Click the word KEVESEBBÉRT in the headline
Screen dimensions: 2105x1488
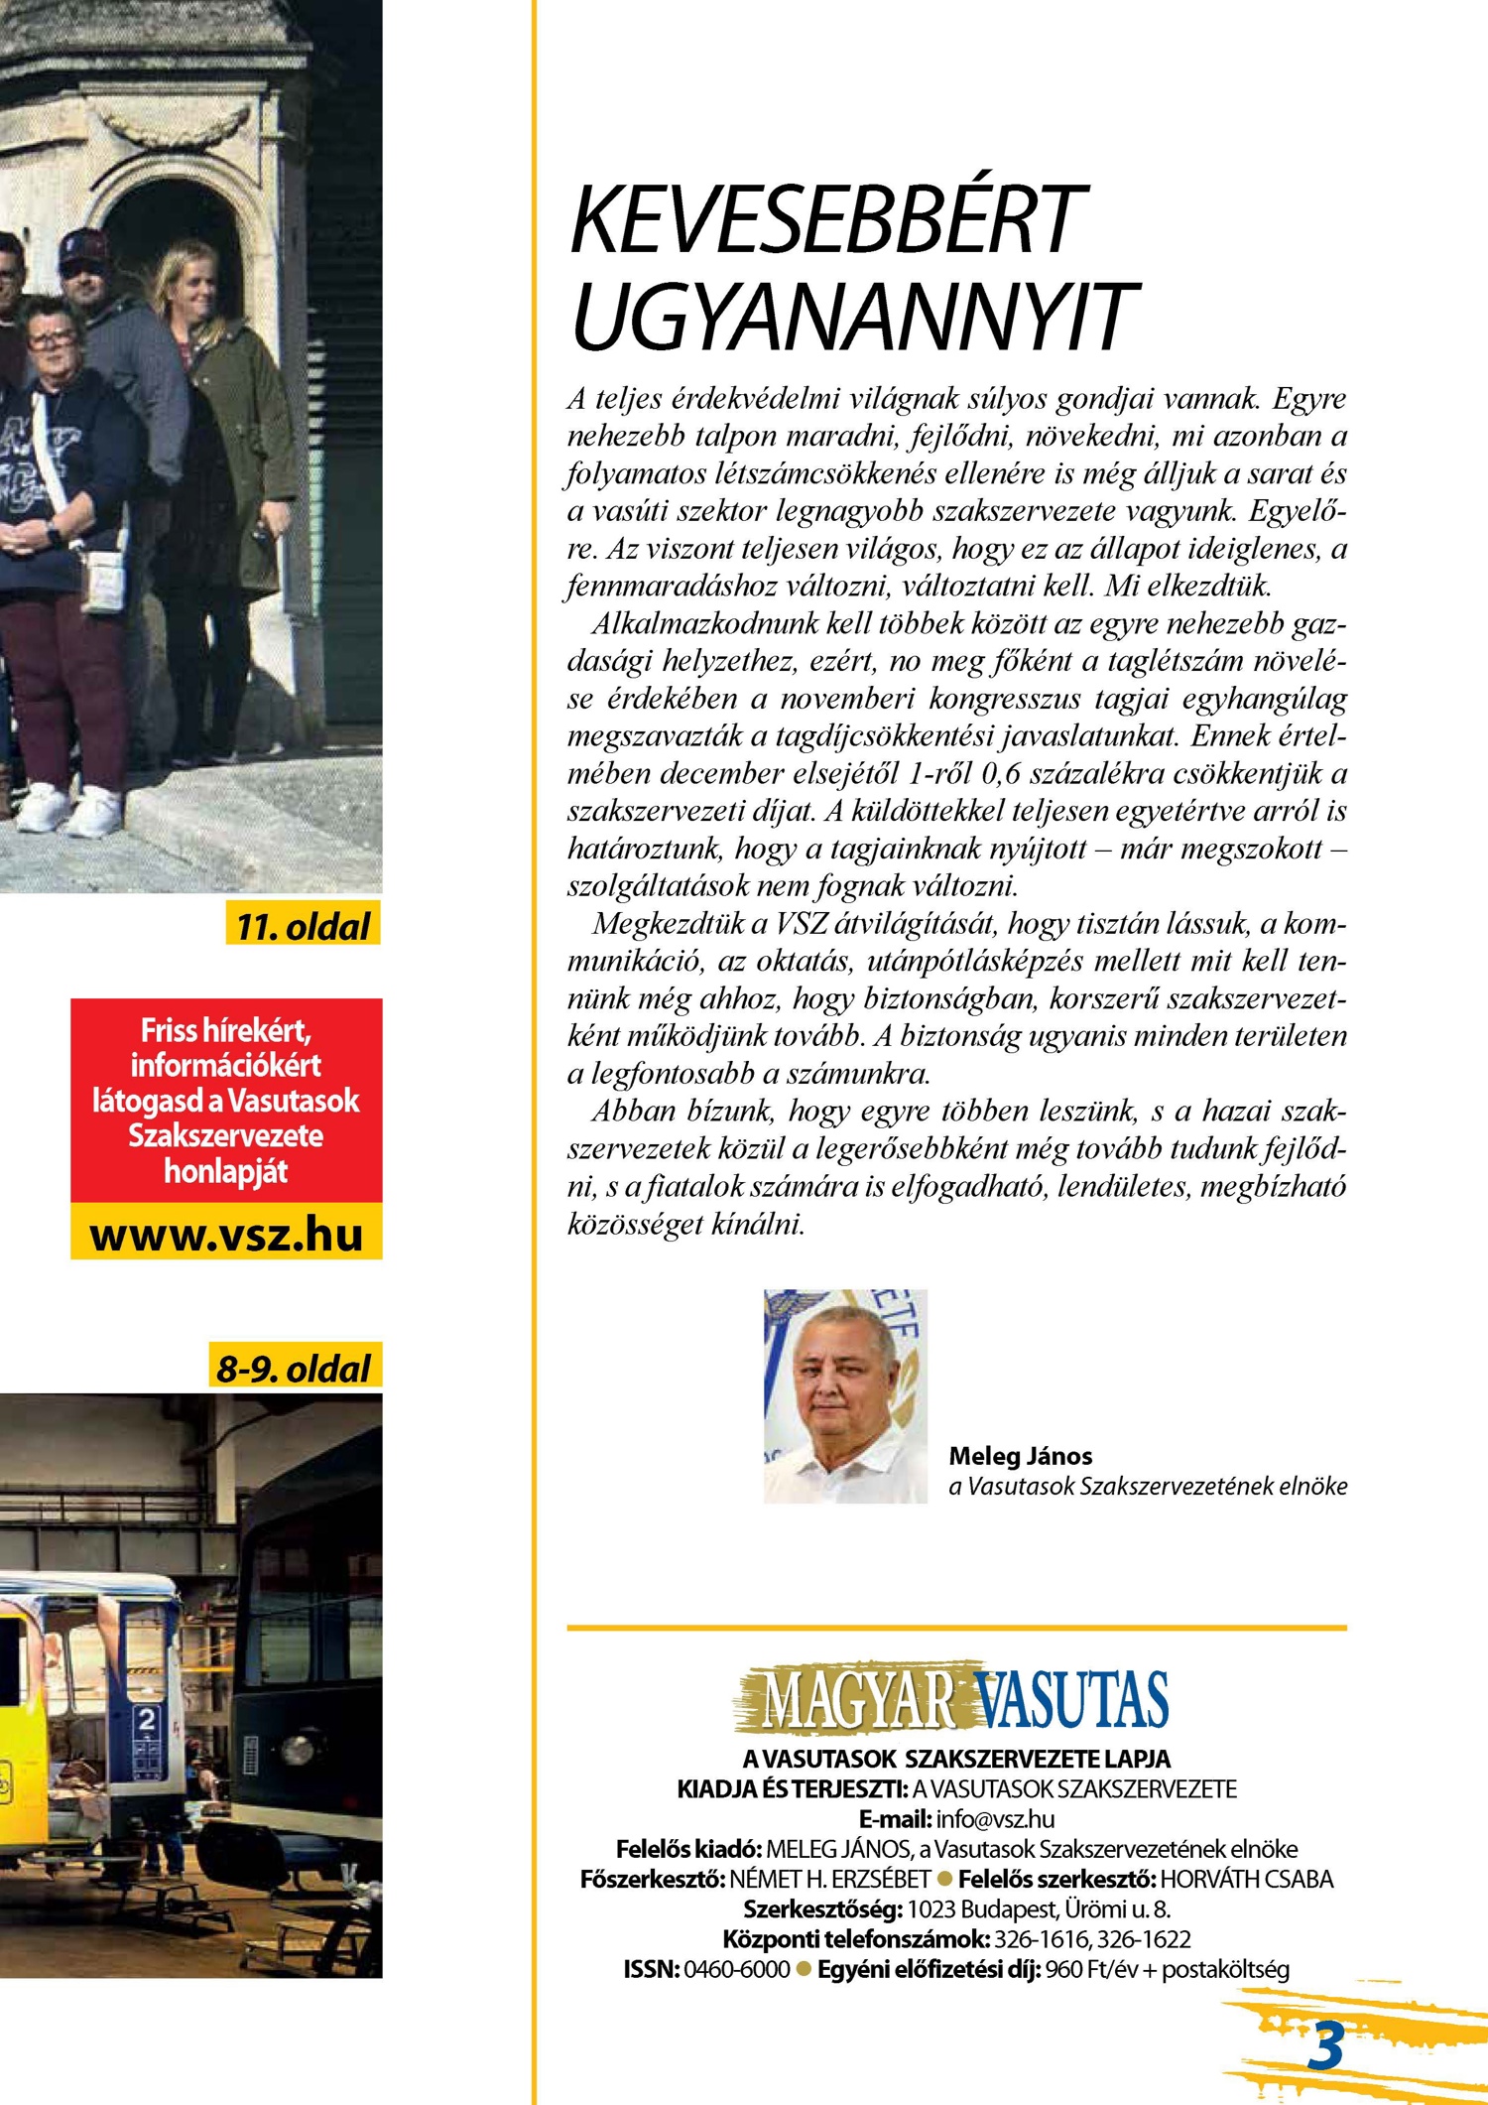tap(828, 220)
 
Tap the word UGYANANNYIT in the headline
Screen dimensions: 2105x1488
tap(854, 316)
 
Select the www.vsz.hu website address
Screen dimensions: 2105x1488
tap(226, 1235)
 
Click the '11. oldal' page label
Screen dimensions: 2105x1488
tap(303, 926)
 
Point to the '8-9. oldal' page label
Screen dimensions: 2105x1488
tap(294, 1369)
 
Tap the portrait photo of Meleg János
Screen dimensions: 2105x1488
tap(845, 1395)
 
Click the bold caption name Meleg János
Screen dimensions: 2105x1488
tap(1020, 1456)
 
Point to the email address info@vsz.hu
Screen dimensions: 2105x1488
tap(995, 1819)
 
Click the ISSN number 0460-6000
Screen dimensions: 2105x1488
tap(737, 1969)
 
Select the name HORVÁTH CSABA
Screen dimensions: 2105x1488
tap(1247, 1879)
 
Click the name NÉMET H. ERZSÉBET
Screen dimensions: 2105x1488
tap(829, 1879)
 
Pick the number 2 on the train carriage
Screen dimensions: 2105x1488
tap(147, 1719)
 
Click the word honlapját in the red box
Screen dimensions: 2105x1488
tap(226, 1171)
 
